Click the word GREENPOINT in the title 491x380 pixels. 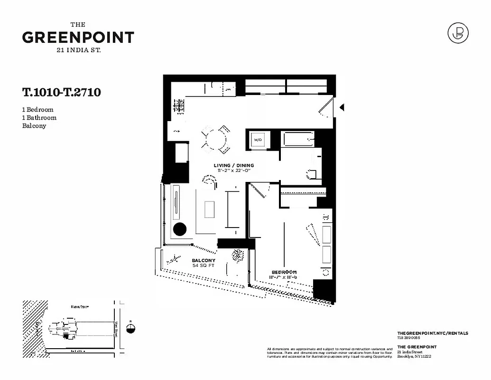pyautogui.click(x=78, y=38)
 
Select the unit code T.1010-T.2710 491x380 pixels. pyautogui.click(x=61, y=92)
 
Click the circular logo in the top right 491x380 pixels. pyautogui.click(x=458, y=33)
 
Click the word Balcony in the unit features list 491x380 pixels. pyautogui.click(x=34, y=126)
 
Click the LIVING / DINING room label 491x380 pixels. pyautogui.click(x=233, y=165)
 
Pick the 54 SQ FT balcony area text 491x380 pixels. pyautogui.click(x=204, y=266)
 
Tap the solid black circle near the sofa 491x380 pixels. pyautogui.click(x=180, y=229)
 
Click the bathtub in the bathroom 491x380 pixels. pyautogui.click(x=298, y=139)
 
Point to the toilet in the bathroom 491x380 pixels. pyautogui.click(x=313, y=174)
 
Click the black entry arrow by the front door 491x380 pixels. pyautogui.click(x=341, y=108)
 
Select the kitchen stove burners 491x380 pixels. pyautogui.click(x=178, y=105)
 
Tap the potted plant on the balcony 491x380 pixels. pyautogui.click(x=237, y=256)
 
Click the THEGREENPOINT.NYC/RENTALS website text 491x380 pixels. pyautogui.click(x=432, y=333)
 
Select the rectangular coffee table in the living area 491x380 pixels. pyautogui.click(x=209, y=209)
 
